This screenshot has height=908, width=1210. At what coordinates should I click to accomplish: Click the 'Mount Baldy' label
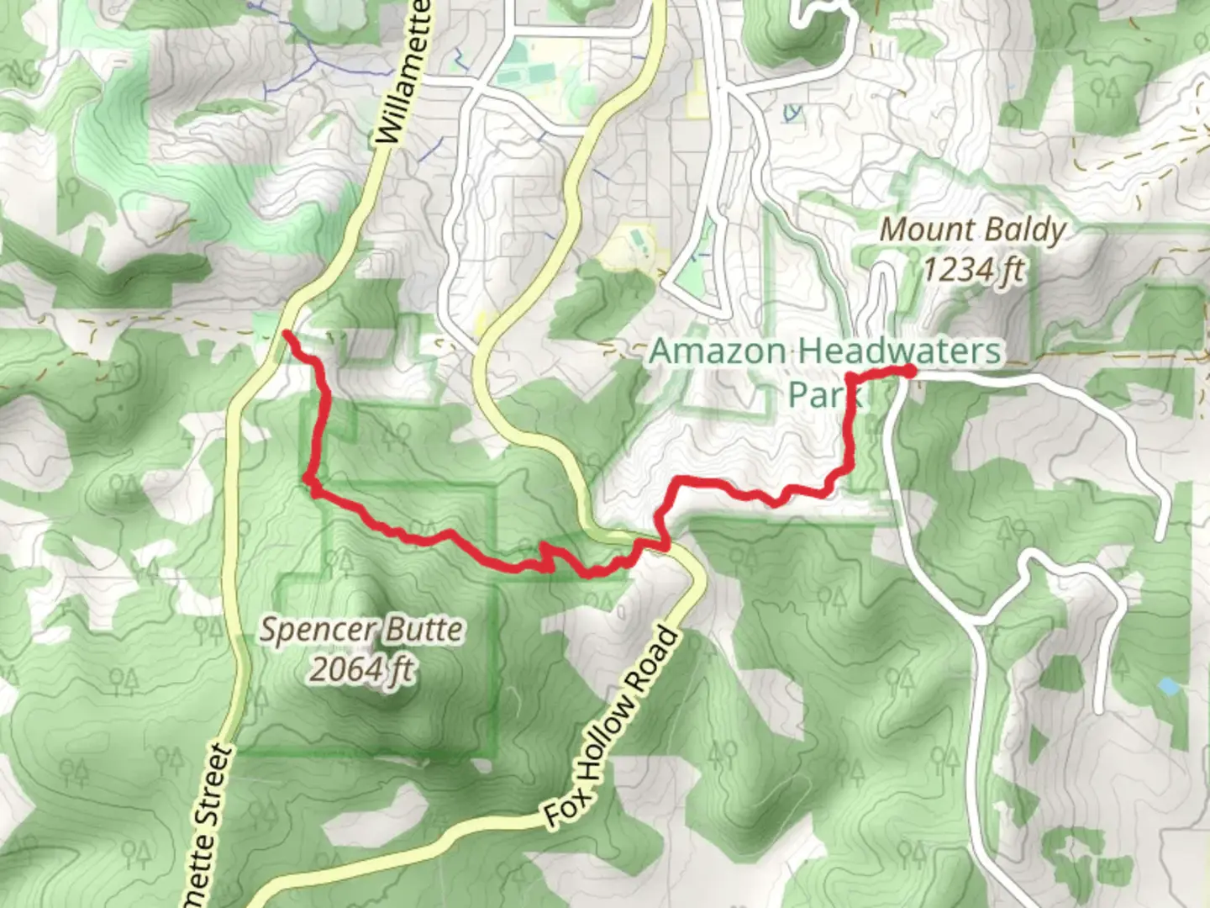tap(972, 230)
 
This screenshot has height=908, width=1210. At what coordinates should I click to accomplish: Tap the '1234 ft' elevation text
tap(974, 270)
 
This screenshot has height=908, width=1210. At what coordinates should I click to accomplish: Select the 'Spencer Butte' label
tap(360, 630)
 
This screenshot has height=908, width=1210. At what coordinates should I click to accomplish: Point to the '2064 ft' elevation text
tap(362, 669)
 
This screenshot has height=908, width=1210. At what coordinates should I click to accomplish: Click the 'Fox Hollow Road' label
tap(611, 727)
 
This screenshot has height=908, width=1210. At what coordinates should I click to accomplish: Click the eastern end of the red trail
tap(910, 371)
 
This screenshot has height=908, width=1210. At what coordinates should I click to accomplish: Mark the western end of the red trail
tap(287, 335)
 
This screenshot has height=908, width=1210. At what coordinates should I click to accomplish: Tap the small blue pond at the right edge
tap(1167, 686)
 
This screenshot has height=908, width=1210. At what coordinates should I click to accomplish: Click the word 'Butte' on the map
tap(423, 630)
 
